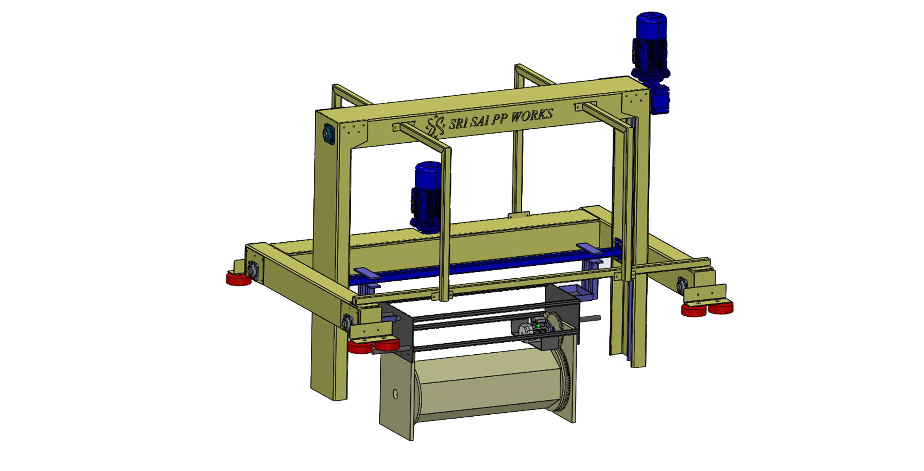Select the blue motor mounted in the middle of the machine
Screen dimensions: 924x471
coord(426,196)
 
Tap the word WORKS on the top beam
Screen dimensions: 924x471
coord(531,116)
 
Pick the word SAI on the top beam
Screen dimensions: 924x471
coord(477,121)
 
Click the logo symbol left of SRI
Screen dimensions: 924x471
coord(436,126)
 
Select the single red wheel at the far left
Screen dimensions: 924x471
coord(239,278)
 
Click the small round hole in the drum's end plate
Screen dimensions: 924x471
coord(396,395)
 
